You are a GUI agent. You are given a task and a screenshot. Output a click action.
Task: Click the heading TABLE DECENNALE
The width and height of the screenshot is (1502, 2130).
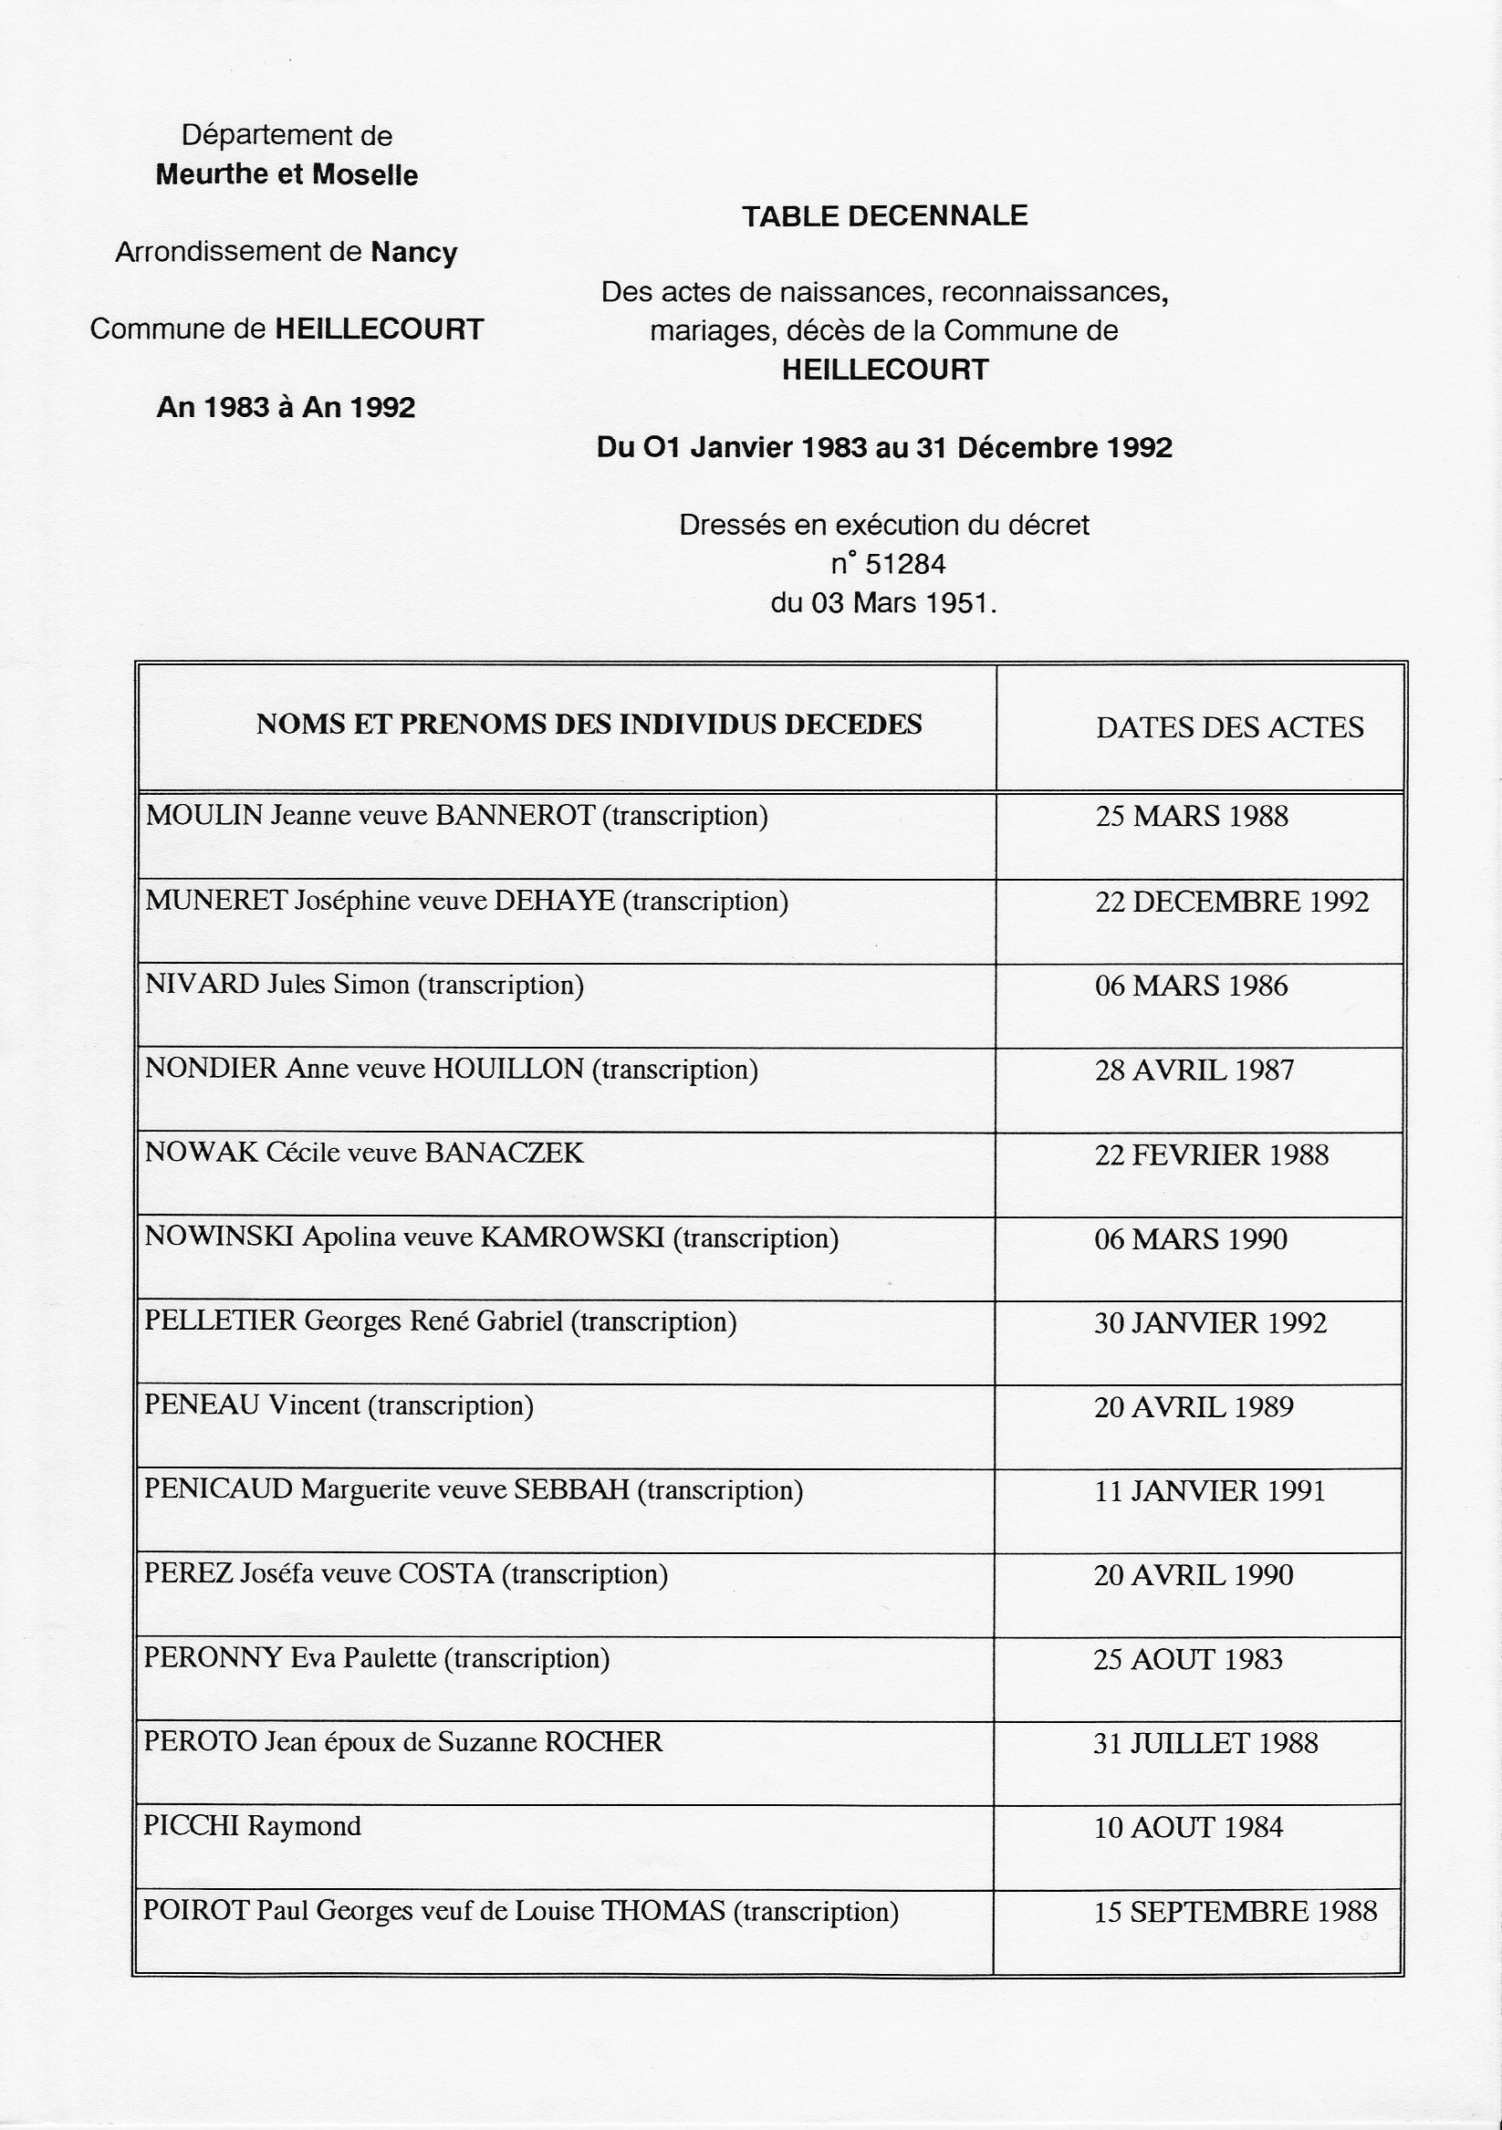(x=884, y=216)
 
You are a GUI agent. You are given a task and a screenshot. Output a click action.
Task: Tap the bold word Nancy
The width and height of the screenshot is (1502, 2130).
(x=413, y=253)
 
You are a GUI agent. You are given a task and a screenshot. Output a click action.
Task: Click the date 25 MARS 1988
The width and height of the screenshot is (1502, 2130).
(x=1191, y=817)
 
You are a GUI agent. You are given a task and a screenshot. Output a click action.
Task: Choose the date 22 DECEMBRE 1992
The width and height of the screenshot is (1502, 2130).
(x=1231, y=902)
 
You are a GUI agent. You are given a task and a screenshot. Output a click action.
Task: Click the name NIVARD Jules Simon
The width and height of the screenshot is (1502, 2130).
(x=277, y=985)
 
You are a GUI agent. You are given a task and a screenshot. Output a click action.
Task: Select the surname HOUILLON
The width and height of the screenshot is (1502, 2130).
(x=508, y=1069)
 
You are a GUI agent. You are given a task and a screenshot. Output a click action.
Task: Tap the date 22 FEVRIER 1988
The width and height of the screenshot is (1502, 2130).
(x=1212, y=1155)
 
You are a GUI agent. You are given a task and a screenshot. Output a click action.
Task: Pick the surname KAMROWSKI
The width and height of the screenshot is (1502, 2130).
(x=571, y=1237)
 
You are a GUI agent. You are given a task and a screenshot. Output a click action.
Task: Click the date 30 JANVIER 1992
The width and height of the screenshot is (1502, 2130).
(x=1210, y=1323)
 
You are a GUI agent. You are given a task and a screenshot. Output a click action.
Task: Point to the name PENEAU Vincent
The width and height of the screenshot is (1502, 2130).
(x=252, y=1405)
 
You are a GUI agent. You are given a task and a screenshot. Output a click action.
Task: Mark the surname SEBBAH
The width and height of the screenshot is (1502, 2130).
(x=571, y=1490)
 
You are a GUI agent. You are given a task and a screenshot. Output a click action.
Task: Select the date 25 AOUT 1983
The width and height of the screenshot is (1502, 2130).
(x=1187, y=1660)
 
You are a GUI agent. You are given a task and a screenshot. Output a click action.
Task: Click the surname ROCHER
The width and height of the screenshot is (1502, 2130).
(x=603, y=1742)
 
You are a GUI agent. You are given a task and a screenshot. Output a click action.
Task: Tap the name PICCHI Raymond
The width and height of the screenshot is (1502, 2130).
(x=252, y=1827)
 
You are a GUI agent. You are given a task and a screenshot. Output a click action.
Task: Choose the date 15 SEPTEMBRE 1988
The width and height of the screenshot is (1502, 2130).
(x=1235, y=1912)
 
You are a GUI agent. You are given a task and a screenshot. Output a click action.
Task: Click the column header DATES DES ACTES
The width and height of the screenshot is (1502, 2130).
(x=1229, y=727)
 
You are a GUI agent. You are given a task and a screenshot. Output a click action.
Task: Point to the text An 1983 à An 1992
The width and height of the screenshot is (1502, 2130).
(x=286, y=407)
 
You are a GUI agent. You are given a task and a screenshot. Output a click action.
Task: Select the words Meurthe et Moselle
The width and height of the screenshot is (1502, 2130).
(x=287, y=175)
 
